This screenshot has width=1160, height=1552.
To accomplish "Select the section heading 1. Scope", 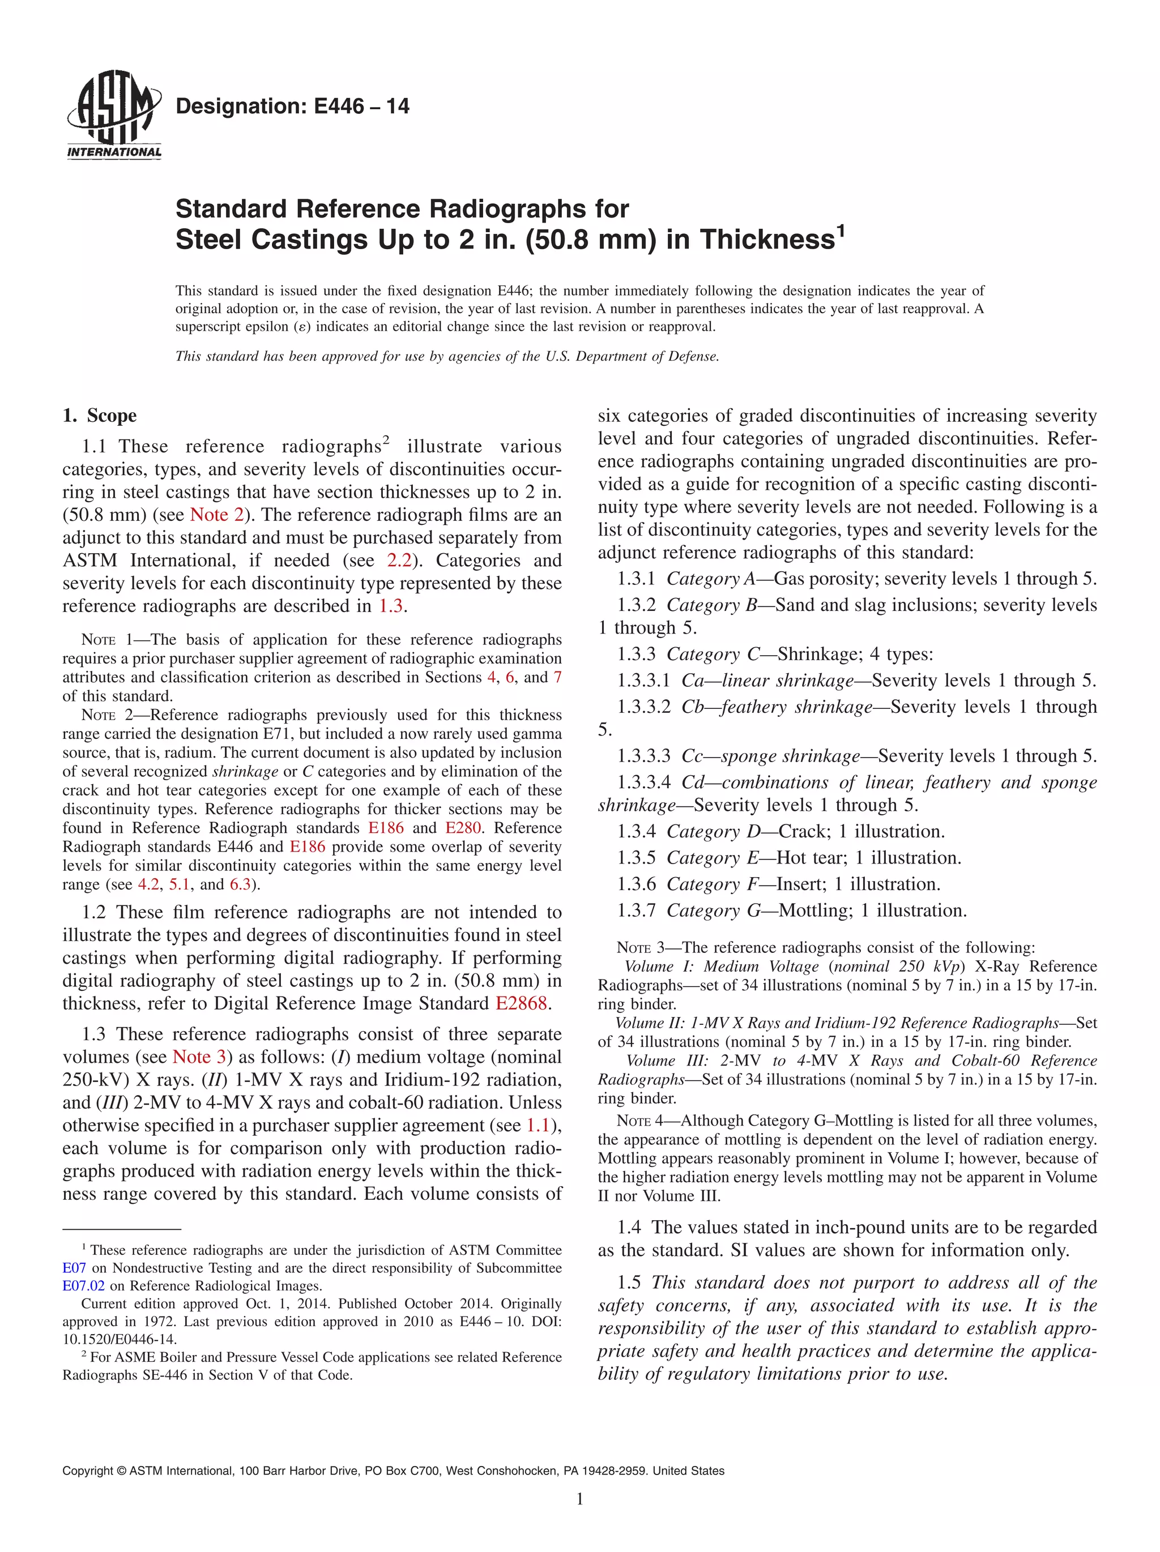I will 100,416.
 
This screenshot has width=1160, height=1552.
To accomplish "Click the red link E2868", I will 521,1003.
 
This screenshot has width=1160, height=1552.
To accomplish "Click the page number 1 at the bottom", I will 579,1499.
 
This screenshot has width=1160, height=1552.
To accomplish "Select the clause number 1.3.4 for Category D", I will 636,831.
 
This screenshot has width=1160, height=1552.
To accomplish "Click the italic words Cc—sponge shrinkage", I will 770,756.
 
